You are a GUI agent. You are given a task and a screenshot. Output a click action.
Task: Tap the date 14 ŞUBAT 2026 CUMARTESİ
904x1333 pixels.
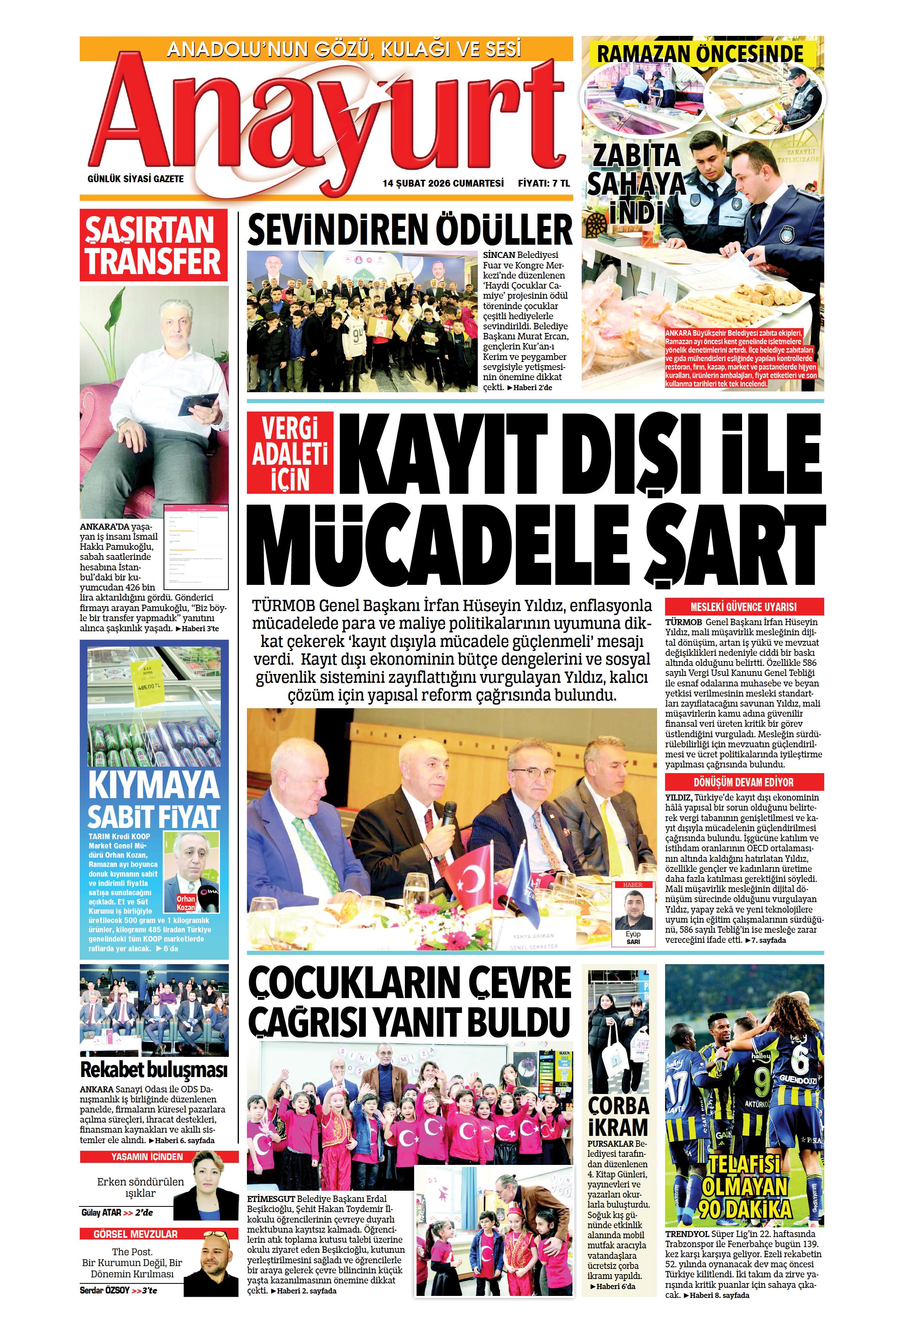pos(443,183)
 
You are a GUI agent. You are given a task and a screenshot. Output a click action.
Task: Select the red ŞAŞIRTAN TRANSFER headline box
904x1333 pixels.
pos(153,245)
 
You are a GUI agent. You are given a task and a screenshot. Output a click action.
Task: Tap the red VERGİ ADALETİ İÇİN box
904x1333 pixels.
pos(290,454)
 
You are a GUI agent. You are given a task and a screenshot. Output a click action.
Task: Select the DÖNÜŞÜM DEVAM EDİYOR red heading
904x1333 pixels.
pos(744,782)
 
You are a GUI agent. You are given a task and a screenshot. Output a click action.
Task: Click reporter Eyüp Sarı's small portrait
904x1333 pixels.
pos(633,911)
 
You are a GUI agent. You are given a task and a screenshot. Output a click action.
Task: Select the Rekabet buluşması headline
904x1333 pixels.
pos(153,1070)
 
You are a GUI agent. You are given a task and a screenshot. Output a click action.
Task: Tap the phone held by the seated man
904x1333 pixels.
pos(198,402)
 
